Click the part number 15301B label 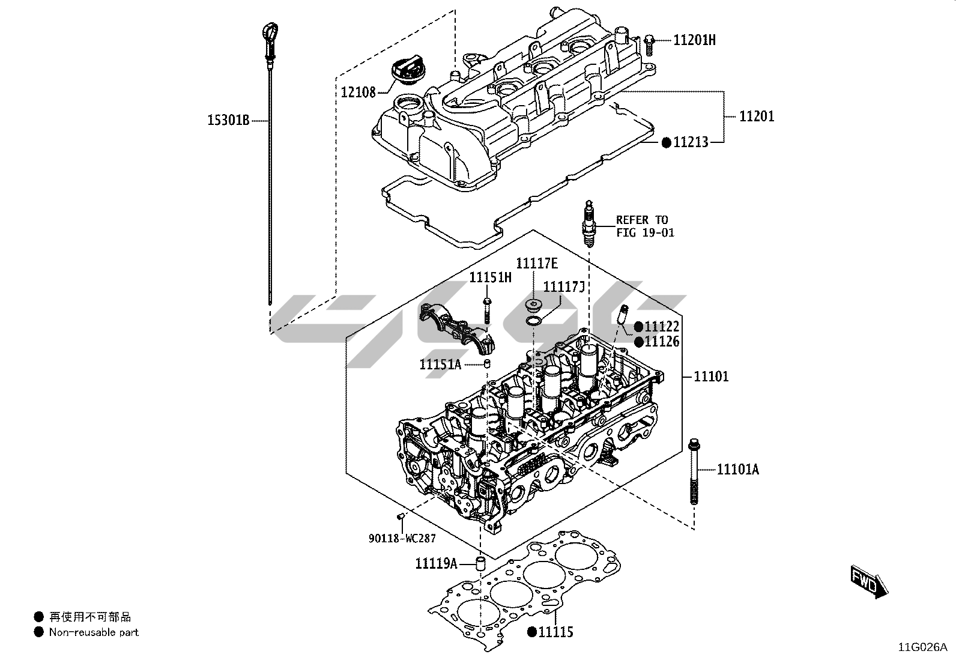click(228, 121)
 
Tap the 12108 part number click(358, 92)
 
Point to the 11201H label click(694, 40)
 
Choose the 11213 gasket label click(691, 142)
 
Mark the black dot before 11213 click(666, 142)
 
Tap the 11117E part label click(537, 264)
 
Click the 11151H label click(491, 277)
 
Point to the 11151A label click(440, 364)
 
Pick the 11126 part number click(662, 342)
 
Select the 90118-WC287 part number click(402, 539)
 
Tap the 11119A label click(437, 563)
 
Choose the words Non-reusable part click(94, 632)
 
